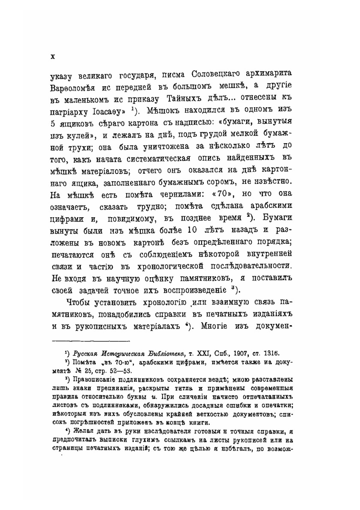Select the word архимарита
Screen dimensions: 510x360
pos(268,74)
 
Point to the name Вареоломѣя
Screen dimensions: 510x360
pos(72,87)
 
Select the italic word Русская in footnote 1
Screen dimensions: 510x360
pos(86,354)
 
